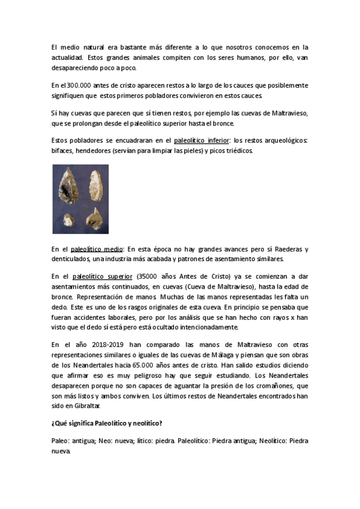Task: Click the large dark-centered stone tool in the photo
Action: pos(67,186)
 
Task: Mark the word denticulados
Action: pos(72,259)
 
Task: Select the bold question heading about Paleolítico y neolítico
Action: pos(107,423)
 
